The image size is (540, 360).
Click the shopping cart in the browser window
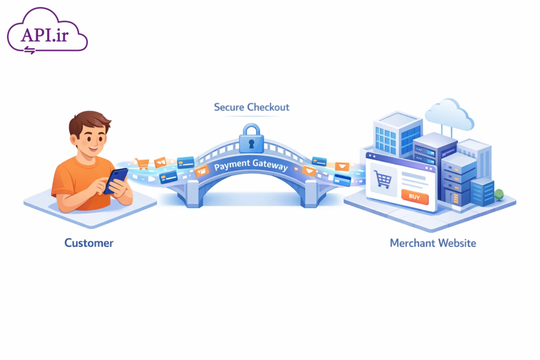[x=382, y=179]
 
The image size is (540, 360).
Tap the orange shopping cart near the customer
[x=141, y=163]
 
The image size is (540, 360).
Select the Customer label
[x=89, y=243]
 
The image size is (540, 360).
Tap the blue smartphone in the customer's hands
[x=115, y=180]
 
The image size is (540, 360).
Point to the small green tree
[x=499, y=194]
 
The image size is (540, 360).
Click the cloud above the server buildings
[x=449, y=114]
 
